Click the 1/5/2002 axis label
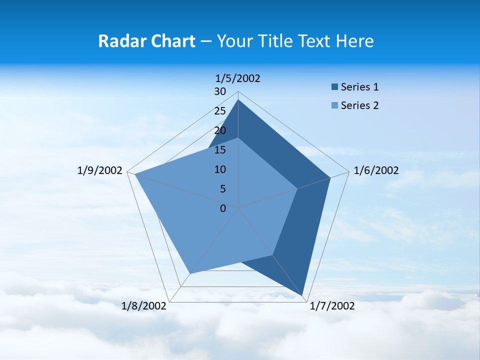coord(238,78)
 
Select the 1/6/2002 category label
coord(376,170)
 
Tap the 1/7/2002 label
coord(332,306)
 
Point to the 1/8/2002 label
coord(144,306)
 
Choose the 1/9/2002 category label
coord(100,170)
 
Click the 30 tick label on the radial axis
coord(220,91)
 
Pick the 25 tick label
coord(220,111)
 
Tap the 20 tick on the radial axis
coord(220,130)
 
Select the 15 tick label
coord(220,150)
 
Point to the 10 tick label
coord(220,169)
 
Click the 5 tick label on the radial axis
coord(223,189)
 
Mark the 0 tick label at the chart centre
coord(223,208)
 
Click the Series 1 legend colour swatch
coord(334,87)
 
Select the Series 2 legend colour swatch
coord(334,105)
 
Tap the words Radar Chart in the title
coord(146,41)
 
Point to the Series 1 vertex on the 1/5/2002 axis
coord(238,99)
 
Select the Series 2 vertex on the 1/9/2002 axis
coord(135,174)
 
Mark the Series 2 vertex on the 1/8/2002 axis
coord(189,273)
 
